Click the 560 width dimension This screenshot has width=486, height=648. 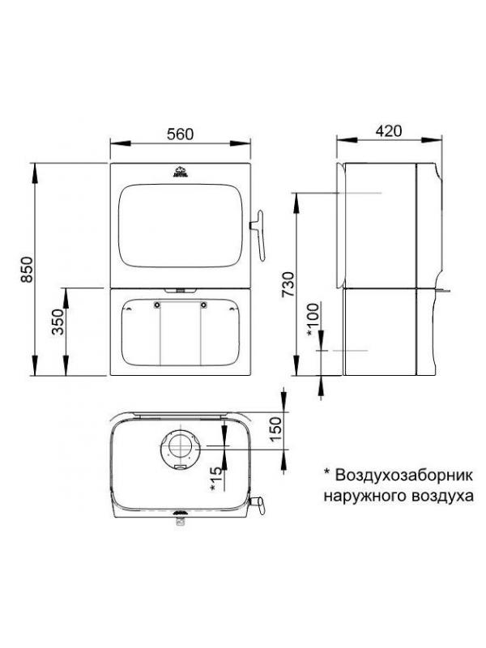(180, 134)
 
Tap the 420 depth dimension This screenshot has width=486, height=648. (389, 130)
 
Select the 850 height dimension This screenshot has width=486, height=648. (27, 270)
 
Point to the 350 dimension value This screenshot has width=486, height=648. (58, 322)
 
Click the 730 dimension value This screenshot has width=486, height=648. (288, 284)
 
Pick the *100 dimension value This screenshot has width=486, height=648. (313, 320)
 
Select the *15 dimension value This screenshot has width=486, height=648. (215, 478)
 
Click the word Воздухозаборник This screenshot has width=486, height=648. (403, 475)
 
